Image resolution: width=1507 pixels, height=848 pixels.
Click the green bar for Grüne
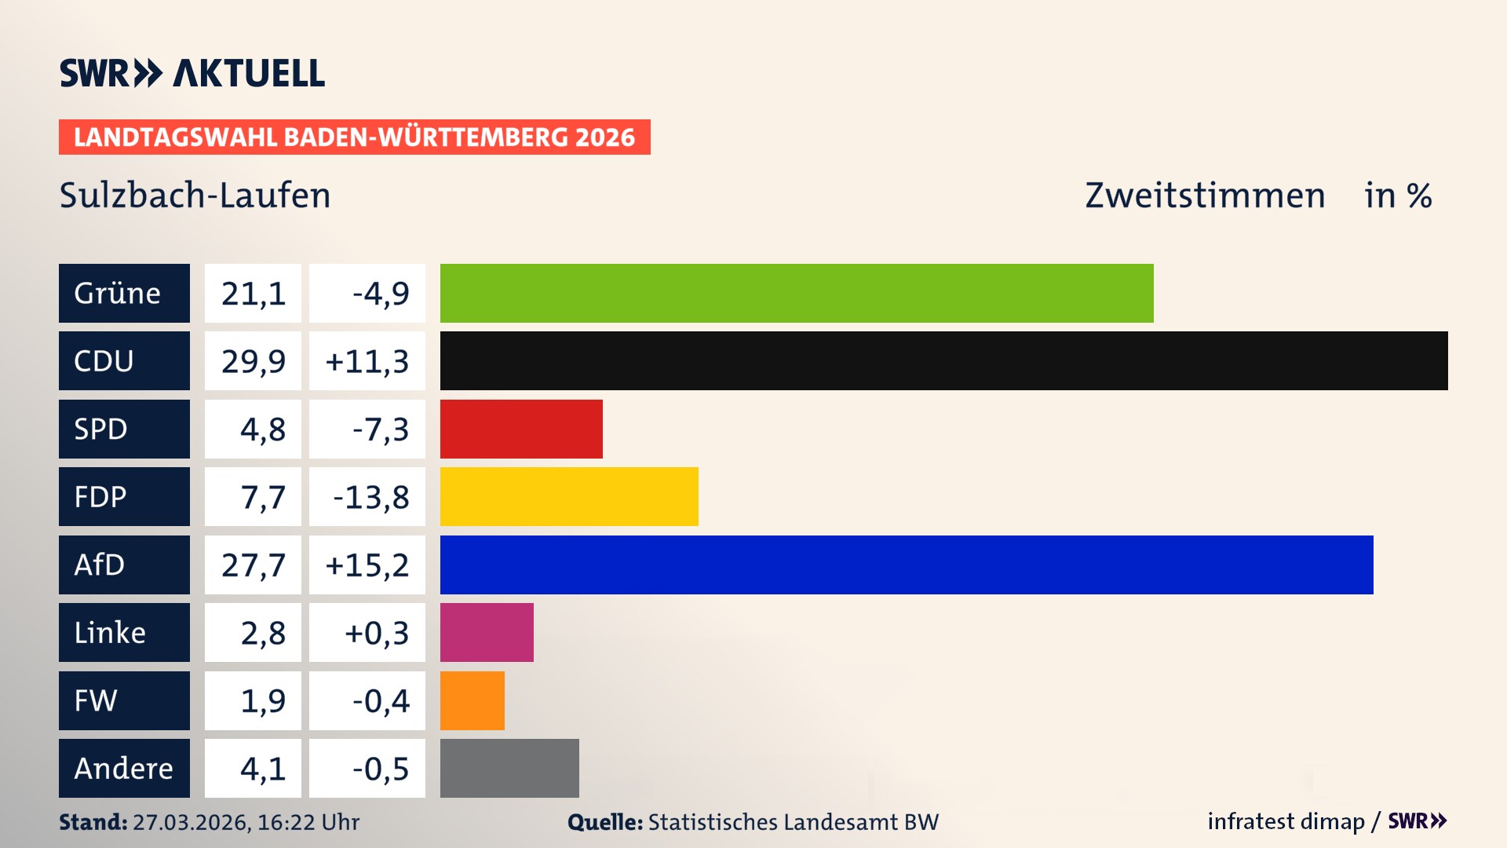pyautogui.click(x=797, y=293)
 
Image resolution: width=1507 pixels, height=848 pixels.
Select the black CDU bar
pyautogui.click(x=943, y=360)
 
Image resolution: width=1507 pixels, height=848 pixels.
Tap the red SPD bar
pyautogui.click(x=521, y=429)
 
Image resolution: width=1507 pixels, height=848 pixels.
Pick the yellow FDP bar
pyautogui.click(x=569, y=496)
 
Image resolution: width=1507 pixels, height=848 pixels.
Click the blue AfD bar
pyautogui.click(x=907, y=565)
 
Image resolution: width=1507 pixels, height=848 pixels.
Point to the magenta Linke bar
pyautogui.click(x=487, y=632)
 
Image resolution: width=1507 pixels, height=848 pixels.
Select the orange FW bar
pyautogui.click(x=473, y=700)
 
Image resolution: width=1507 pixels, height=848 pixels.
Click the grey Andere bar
pyautogui.click(x=509, y=768)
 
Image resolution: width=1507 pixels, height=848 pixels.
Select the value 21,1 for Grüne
pyautogui.click(x=253, y=293)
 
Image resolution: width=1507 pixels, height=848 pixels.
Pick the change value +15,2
pyautogui.click(x=367, y=565)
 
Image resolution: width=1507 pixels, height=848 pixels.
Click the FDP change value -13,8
pyautogui.click(x=370, y=496)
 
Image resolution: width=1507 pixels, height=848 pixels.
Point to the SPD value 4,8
pyautogui.click(x=262, y=429)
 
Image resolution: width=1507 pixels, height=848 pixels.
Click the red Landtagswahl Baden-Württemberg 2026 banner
pyautogui.click(x=354, y=137)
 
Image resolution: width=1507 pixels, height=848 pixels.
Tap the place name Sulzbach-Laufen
pyautogui.click(x=195, y=195)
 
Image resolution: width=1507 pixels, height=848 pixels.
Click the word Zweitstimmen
pyautogui.click(x=1205, y=195)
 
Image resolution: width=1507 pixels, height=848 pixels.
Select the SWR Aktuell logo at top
pyautogui.click(x=192, y=73)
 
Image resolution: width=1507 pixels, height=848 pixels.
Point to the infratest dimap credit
pyautogui.click(x=1286, y=821)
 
